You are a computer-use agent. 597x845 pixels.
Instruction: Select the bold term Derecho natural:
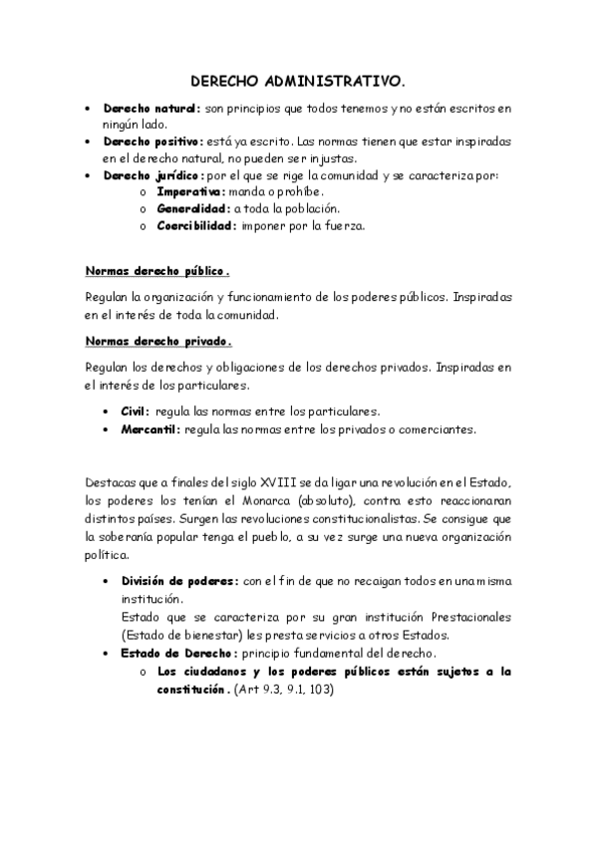151,109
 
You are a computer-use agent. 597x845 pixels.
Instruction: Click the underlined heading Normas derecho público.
157,270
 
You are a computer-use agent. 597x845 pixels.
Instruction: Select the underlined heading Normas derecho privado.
158,342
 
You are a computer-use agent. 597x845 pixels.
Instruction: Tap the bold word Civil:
136,412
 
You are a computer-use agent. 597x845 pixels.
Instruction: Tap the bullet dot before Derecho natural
90,109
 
